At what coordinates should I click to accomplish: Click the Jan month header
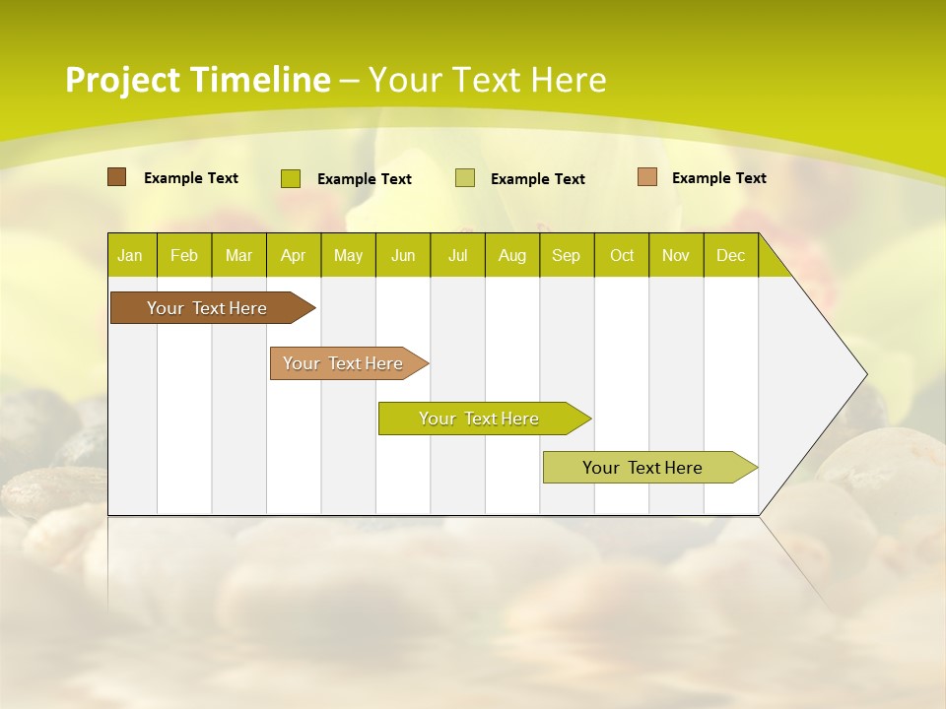point(131,255)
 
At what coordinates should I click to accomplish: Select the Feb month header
point(184,255)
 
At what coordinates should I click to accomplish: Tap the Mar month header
point(238,255)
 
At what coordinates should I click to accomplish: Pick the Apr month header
point(294,255)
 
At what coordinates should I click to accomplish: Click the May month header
point(348,255)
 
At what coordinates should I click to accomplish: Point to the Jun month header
point(403,255)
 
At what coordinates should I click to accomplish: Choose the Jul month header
point(457,255)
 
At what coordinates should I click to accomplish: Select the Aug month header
point(512,255)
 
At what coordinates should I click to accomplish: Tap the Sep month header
point(567,255)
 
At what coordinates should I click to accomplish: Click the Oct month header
point(622,255)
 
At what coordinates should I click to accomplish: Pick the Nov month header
point(676,255)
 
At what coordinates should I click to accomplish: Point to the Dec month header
point(731,255)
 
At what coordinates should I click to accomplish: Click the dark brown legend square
point(116,177)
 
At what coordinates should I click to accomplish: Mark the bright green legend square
point(291,178)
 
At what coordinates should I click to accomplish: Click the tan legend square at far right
point(646,177)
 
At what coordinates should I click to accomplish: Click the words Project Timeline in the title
point(198,80)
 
